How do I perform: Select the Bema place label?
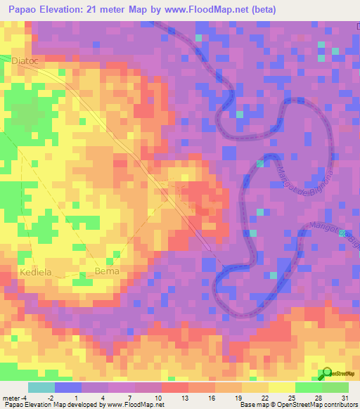(x=108, y=271)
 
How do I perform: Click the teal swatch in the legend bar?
(x=41, y=387)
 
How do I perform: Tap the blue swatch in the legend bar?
(x=67, y=387)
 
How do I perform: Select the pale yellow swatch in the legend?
(x=281, y=387)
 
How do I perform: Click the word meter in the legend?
(x=12, y=397)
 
